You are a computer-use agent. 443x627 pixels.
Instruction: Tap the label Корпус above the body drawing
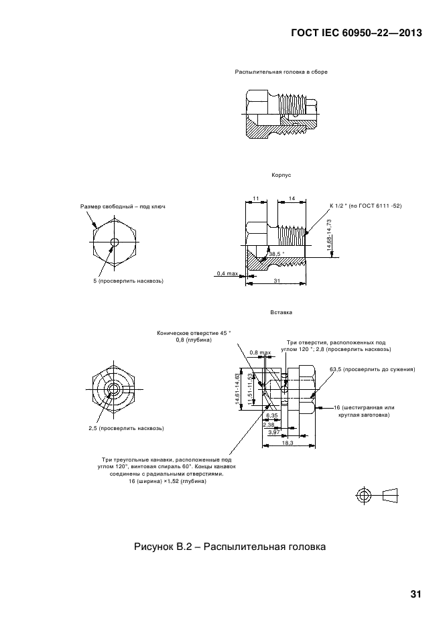pos(281,174)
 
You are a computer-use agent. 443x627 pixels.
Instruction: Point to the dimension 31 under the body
pos(277,281)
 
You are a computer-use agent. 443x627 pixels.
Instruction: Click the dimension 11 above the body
pos(257,198)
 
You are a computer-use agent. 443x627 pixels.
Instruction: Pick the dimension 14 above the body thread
pos(292,198)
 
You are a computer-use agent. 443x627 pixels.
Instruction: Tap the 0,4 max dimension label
pos(227,273)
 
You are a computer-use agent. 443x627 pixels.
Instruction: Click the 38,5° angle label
pos(276,254)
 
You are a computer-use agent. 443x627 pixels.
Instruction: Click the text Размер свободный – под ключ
pos(123,206)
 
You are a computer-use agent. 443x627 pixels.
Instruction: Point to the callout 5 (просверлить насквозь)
pos(128,281)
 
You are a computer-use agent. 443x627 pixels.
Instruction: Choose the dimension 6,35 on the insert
pos(271,416)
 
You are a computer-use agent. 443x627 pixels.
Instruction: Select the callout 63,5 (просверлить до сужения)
pos(372,369)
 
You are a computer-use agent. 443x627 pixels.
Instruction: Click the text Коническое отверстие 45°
pos(194,332)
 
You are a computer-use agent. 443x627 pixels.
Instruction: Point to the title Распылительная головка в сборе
pos(281,72)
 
